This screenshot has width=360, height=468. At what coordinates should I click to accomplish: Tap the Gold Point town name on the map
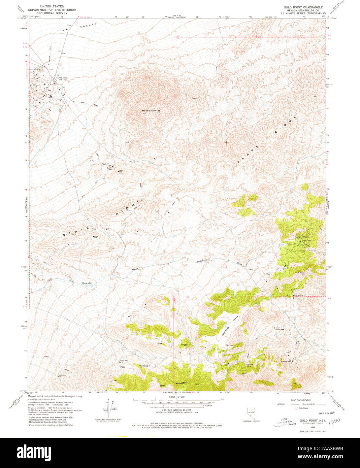click(x=63, y=78)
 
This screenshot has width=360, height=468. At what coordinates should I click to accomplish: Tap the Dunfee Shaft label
click(x=109, y=170)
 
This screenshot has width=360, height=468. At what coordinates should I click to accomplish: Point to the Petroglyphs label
click(x=230, y=345)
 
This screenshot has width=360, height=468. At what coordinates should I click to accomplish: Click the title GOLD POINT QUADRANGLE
click(x=303, y=7)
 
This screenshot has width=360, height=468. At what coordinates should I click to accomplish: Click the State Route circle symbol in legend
click(x=296, y=408)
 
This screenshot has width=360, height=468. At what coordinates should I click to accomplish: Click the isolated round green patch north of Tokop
click(x=305, y=186)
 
